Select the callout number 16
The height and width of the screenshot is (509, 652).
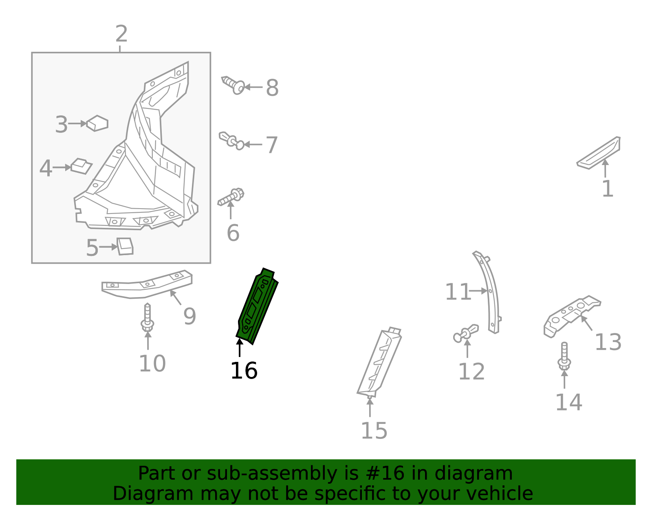[244, 371]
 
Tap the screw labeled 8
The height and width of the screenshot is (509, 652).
[233, 85]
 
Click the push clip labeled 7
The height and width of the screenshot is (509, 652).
[231, 141]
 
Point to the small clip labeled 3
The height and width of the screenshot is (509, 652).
[97, 123]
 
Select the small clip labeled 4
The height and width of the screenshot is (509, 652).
[81, 166]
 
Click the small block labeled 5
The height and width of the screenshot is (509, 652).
[125, 246]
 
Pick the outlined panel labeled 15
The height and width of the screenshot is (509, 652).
[379, 363]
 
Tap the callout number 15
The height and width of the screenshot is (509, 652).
[374, 431]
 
